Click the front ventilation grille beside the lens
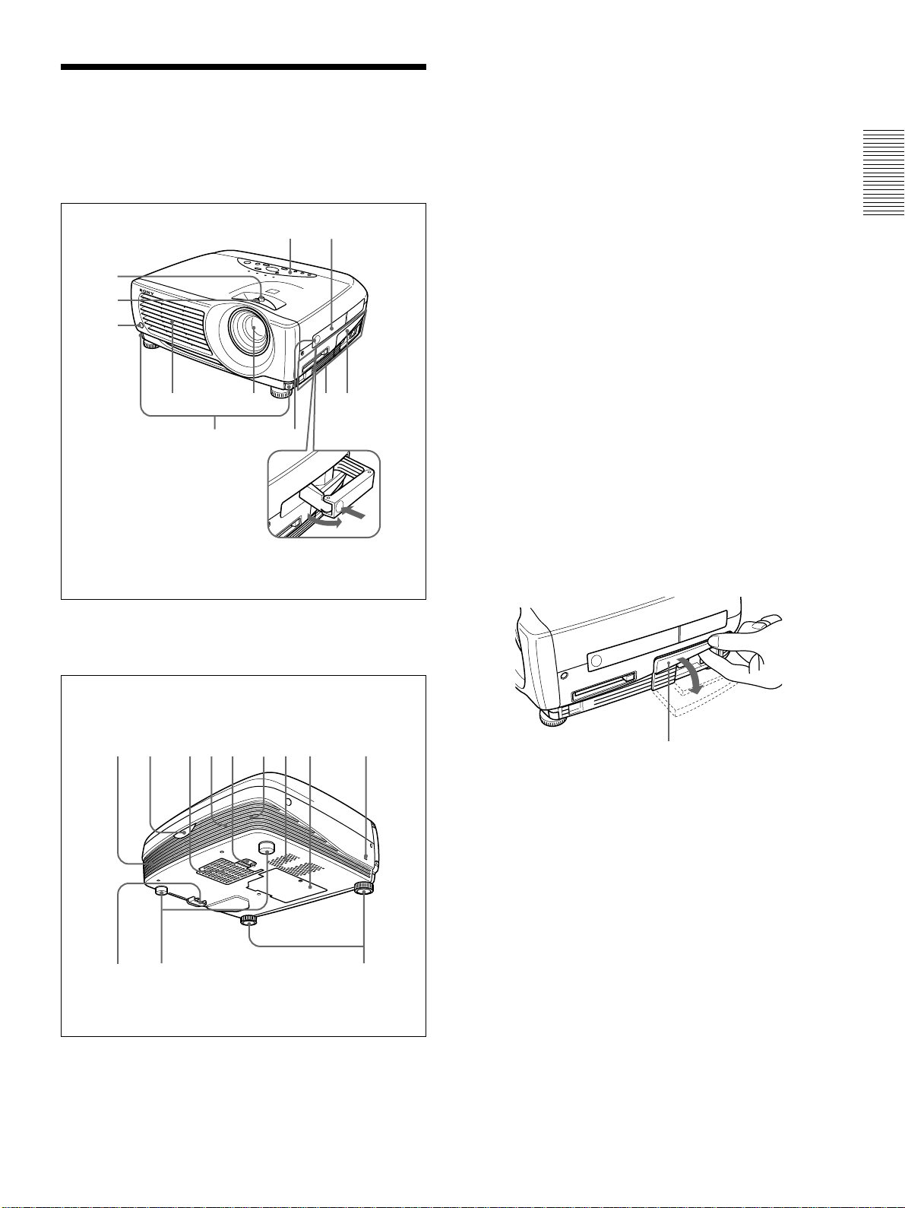point(173,325)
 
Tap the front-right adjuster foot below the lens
point(280,392)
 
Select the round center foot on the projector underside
point(267,847)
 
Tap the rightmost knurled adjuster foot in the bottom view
point(363,888)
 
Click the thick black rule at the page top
point(244,67)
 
